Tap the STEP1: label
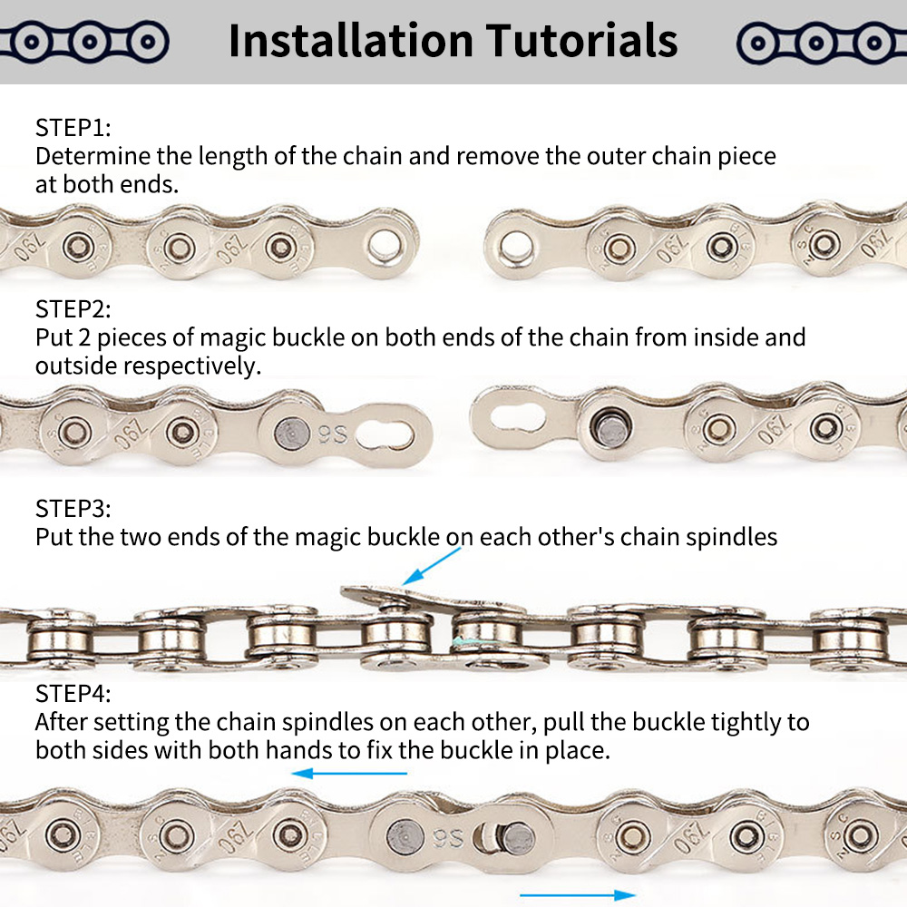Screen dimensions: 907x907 73,126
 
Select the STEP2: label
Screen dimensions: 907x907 73,308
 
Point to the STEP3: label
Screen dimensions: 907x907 73,507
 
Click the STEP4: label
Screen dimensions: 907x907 73,694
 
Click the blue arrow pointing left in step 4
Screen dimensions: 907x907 348,774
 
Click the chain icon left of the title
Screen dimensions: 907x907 83,42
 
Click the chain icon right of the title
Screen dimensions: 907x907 822,42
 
